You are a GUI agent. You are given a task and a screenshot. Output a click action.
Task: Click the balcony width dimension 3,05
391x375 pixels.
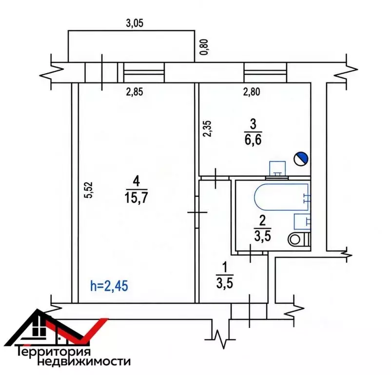[x=135, y=23]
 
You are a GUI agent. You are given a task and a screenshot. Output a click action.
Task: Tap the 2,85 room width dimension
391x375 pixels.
[x=135, y=92]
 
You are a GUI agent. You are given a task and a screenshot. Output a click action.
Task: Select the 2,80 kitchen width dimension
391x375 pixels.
[x=252, y=92]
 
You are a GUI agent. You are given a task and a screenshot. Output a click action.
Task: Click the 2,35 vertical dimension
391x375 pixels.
[x=207, y=128]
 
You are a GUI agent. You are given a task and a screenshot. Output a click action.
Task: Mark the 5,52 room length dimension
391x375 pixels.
[x=89, y=190]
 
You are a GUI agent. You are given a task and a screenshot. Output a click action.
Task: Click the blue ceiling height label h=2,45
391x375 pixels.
[x=109, y=286]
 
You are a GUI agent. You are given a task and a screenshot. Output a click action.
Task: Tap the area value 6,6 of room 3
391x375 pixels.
[x=253, y=140]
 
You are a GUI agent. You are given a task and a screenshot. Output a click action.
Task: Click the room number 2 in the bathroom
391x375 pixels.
[x=263, y=220]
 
